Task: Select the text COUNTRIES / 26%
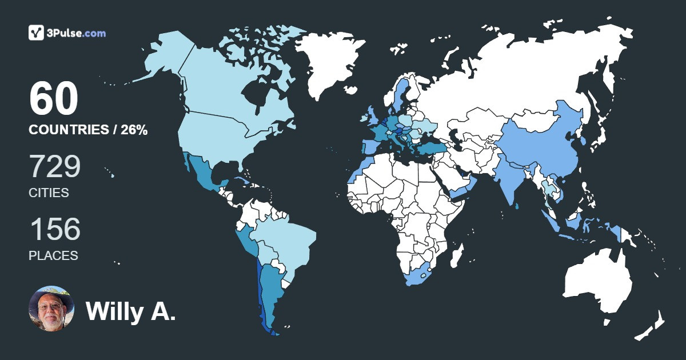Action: point(88,130)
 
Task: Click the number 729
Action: point(55,166)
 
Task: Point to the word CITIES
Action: point(49,193)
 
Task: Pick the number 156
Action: point(55,229)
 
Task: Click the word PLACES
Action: point(53,256)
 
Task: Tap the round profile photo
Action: point(51,309)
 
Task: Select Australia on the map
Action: point(597,283)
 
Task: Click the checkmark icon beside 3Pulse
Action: point(37,33)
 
